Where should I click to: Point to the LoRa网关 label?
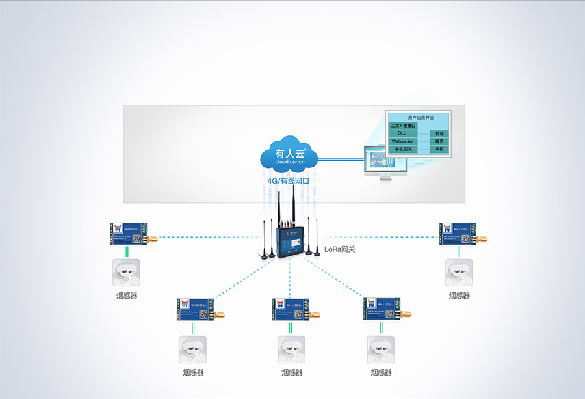pos(339,249)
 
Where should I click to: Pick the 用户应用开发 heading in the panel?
pos(421,117)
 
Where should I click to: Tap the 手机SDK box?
pos(404,149)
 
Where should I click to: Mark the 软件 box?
pos(440,133)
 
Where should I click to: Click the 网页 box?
pos(440,141)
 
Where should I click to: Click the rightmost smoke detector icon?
pos(459,273)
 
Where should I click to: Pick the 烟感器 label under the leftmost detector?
pos(127,296)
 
